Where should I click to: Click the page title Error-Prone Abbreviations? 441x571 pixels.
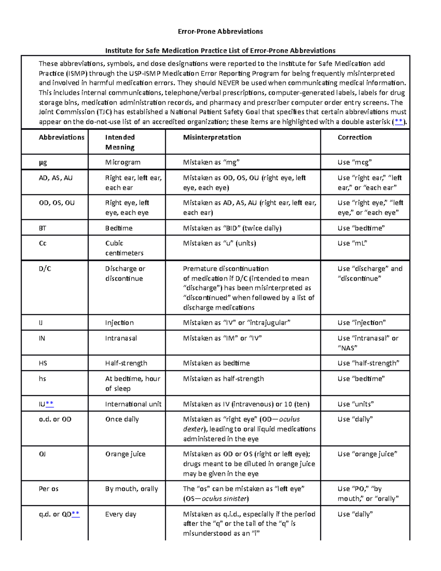click(220, 31)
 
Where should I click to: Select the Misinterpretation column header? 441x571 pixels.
click(212, 137)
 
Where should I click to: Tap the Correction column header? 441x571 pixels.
click(355, 137)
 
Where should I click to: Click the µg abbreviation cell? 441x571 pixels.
click(43, 162)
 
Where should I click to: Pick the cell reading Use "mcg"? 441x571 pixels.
click(355, 162)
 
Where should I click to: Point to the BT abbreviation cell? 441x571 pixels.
click(43, 228)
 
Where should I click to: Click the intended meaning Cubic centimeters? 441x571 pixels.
click(124, 248)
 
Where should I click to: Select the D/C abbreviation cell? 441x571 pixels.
click(45, 268)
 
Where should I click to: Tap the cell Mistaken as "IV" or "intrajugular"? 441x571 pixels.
click(237, 322)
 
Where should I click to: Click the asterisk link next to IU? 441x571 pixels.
click(50, 404)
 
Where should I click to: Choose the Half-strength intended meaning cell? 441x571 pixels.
click(126, 363)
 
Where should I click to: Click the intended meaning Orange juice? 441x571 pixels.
click(125, 454)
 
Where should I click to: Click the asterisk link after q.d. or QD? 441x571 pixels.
click(76, 514)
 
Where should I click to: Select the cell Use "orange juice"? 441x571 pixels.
click(367, 454)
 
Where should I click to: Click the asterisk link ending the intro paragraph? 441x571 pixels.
click(398, 122)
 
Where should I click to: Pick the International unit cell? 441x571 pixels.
click(133, 404)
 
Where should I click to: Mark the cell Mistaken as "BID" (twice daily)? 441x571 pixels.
click(232, 228)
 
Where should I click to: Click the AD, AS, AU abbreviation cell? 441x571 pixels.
click(55, 178)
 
